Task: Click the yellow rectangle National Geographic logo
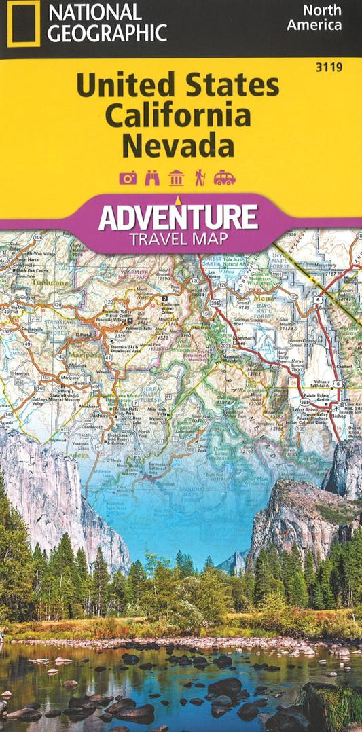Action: [22, 23]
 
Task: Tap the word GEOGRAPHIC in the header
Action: [107, 33]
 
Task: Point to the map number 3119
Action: [333, 67]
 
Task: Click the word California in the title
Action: [177, 116]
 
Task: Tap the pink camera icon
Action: [128, 178]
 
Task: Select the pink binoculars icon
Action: [152, 178]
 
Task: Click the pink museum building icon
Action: [177, 178]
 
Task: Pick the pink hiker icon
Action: [200, 178]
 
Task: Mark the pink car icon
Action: [225, 178]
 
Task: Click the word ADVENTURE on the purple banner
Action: [178, 219]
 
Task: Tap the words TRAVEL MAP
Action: [178, 238]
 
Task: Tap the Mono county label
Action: [261, 297]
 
